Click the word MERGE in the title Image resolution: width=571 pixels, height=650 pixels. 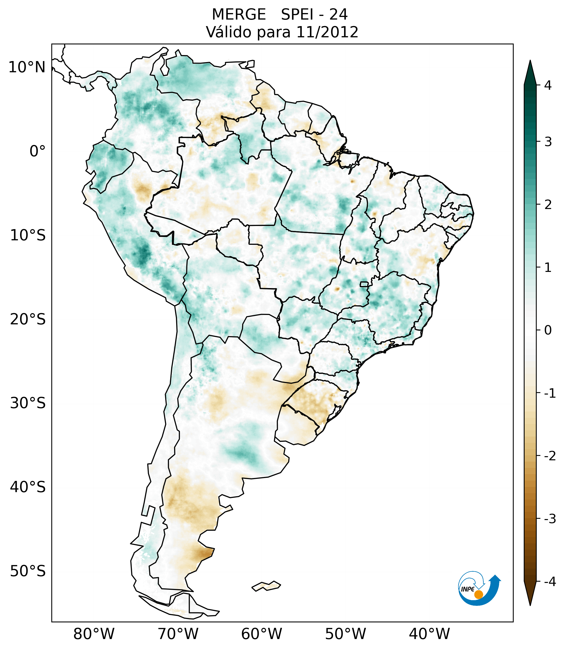[238, 15]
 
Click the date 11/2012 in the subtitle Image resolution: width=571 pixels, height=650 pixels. [327, 32]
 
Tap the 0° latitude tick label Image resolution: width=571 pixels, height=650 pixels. [38, 151]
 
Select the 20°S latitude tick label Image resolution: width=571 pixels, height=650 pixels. [28, 319]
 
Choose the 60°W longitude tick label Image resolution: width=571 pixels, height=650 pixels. [261, 634]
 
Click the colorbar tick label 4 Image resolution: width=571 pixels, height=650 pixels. [548, 85]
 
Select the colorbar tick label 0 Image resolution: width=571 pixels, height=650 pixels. [548, 330]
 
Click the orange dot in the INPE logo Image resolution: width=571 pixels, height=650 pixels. [478, 594]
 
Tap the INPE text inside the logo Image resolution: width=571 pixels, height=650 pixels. [468, 589]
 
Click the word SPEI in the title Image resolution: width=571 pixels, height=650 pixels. [297, 15]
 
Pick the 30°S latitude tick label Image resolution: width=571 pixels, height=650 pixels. [28, 403]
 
